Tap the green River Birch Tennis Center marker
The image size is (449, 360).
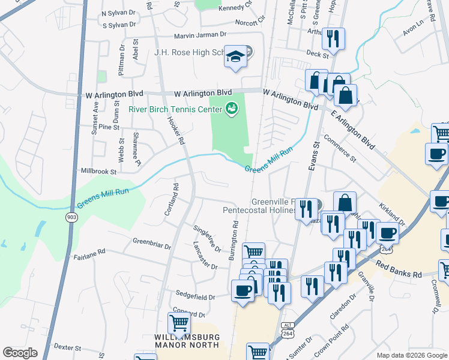[231, 109]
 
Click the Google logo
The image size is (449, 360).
[20, 353]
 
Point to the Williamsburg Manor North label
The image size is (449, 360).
[187, 342]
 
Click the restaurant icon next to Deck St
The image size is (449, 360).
[333, 38]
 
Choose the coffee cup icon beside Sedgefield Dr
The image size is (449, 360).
[243, 290]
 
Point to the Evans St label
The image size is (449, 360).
[313, 156]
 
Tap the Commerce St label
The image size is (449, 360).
[340, 147]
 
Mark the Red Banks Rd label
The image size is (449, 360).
[399, 268]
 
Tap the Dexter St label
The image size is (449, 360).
[67, 347]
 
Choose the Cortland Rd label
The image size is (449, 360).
[172, 199]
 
